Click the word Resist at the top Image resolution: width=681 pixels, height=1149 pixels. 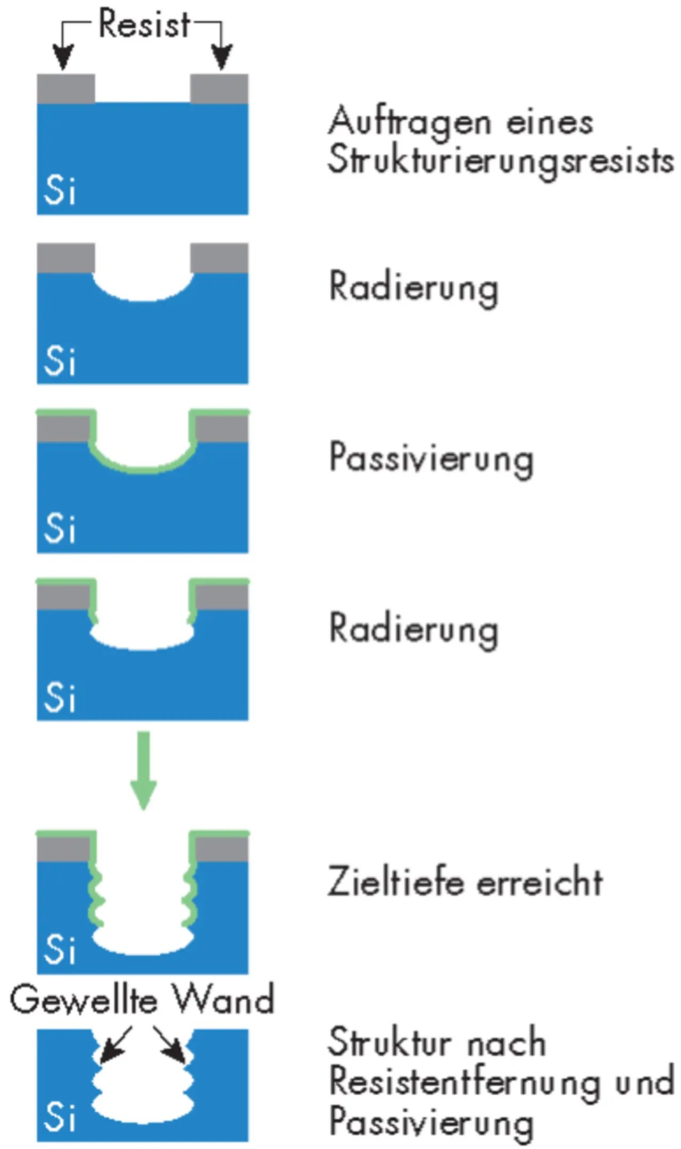pos(144,24)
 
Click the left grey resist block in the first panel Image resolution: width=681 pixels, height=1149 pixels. pos(66,88)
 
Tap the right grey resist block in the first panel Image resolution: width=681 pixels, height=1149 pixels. pos(219,88)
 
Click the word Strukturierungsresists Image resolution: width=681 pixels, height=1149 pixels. pos(501,161)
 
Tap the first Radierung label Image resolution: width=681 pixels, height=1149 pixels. pos(414,288)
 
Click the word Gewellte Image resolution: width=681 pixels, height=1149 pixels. pos(84,1000)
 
